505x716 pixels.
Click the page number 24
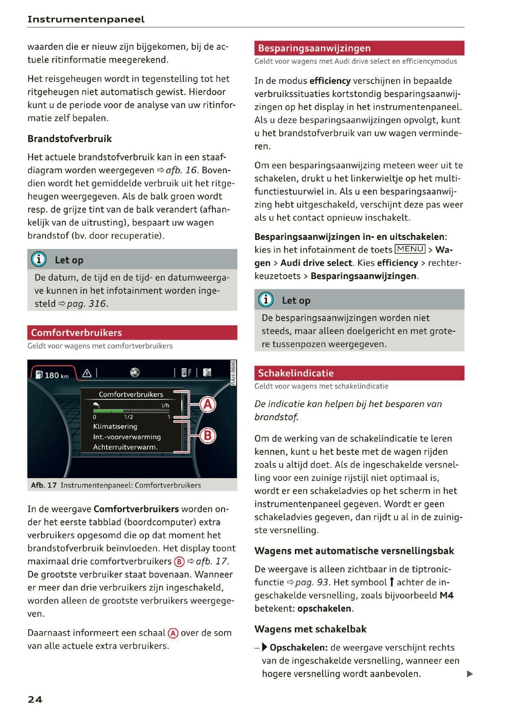[x=35, y=699]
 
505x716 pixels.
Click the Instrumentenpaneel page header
[x=86, y=19]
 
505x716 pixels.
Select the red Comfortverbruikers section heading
[x=77, y=333]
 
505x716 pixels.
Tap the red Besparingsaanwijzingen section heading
[x=314, y=48]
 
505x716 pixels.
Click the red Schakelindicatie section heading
[x=296, y=373]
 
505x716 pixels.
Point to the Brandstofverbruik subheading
[x=69, y=139]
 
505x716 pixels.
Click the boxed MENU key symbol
[x=410, y=249]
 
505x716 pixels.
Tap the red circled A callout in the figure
[x=208, y=404]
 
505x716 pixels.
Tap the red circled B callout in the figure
[x=208, y=435]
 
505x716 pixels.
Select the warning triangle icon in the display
[x=87, y=373]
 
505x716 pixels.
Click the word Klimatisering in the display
[x=115, y=426]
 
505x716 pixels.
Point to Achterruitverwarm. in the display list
[x=125, y=447]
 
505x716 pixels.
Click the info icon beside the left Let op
[x=39, y=259]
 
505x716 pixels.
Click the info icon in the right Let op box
[x=266, y=300]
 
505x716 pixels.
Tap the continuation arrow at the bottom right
[x=469, y=674]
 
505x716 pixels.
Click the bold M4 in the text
[x=446, y=595]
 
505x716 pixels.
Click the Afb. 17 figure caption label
[x=44, y=485]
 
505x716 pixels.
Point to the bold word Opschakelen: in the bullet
[x=298, y=648]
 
